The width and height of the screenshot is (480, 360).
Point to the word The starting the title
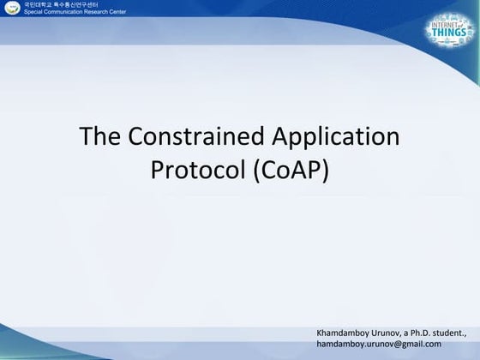pos(100,138)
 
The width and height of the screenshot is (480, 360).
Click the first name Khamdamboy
pos(341,331)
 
